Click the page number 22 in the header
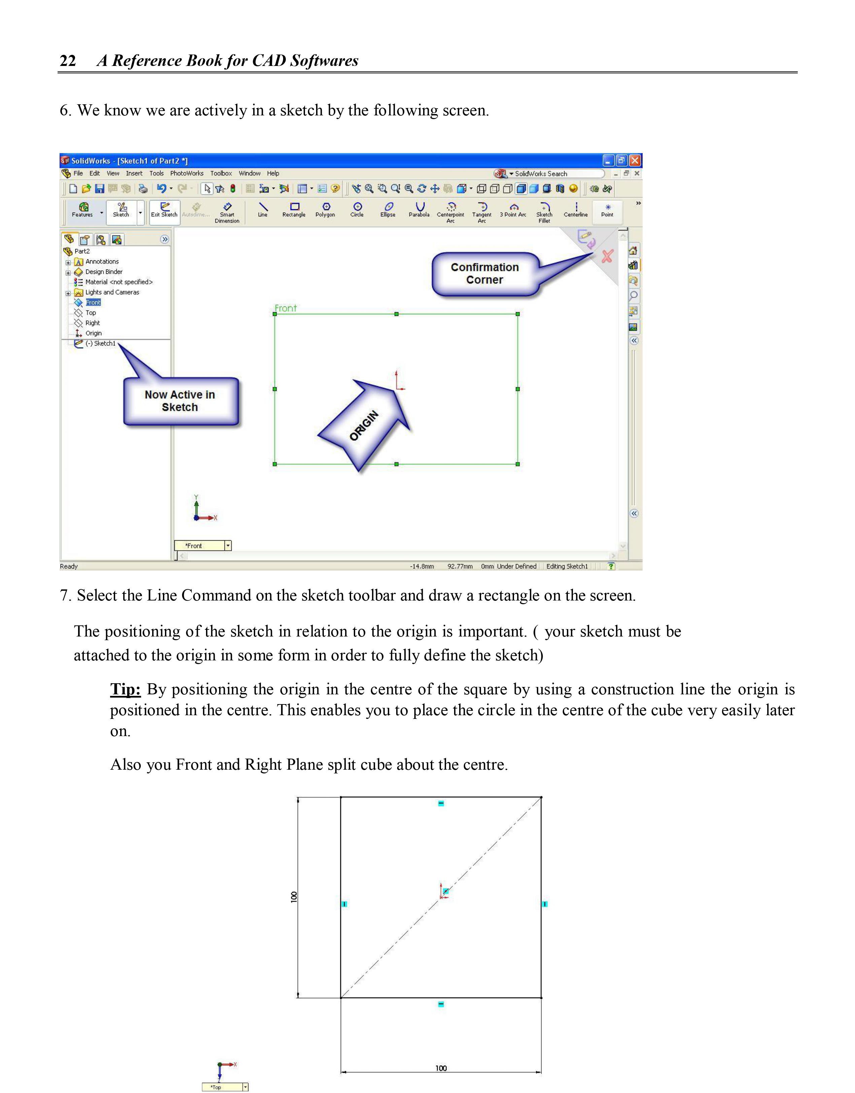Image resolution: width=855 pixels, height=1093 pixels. click(68, 61)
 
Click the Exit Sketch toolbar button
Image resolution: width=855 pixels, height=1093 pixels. click(164, 210)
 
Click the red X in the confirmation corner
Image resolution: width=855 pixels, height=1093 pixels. click(607, 257)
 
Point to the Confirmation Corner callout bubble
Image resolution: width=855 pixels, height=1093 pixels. click(485, 274)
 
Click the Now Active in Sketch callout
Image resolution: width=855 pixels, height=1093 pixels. click(180, 401)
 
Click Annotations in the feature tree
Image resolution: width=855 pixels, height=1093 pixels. click(102, 262)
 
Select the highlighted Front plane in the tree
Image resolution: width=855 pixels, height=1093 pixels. click(93, 302)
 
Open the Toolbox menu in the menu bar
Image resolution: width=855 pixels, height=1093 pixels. click(221, 174)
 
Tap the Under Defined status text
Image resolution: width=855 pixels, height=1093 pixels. click(516, 567)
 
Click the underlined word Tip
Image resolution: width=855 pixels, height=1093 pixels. click(125, 690)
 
